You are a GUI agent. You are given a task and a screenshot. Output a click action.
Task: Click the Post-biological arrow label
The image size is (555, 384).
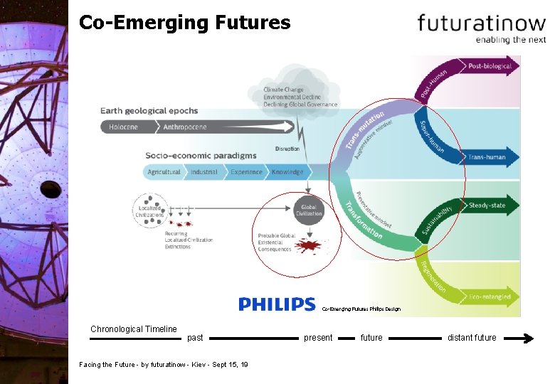(x=490, y=66)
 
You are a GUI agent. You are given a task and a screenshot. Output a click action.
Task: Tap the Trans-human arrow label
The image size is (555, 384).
(x=487, y=157)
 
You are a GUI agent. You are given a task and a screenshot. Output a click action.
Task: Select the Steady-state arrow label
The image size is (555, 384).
(x=487, y=206)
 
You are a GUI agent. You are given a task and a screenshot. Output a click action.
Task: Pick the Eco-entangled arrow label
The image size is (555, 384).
(x=490, y=297)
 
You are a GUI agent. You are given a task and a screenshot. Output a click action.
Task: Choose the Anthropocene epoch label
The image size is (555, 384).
(x=185, y=127)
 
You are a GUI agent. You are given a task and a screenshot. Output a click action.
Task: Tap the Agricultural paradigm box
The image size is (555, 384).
(x=164, y=172)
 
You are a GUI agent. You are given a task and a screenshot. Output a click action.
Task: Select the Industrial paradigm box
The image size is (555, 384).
(x=204, y=172)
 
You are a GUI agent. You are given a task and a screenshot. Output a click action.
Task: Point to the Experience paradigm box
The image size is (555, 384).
(x=246, y=172)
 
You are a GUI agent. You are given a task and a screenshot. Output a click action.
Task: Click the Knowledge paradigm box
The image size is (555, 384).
(x=287, y=172)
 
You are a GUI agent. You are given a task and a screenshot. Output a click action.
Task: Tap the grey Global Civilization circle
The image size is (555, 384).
(x=308, y=210)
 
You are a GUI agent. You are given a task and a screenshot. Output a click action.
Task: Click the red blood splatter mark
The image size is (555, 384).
(x=308, y=246)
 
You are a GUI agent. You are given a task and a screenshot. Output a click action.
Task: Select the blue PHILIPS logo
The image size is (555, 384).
(x=277, y=304)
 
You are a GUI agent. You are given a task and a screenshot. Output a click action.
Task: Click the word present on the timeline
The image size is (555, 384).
(x=318, y=338)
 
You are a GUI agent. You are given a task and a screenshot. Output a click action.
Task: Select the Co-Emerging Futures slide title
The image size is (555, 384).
(x=184, y=23)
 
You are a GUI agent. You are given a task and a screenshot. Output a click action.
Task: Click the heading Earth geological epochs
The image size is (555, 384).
(x=149, y=111)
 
